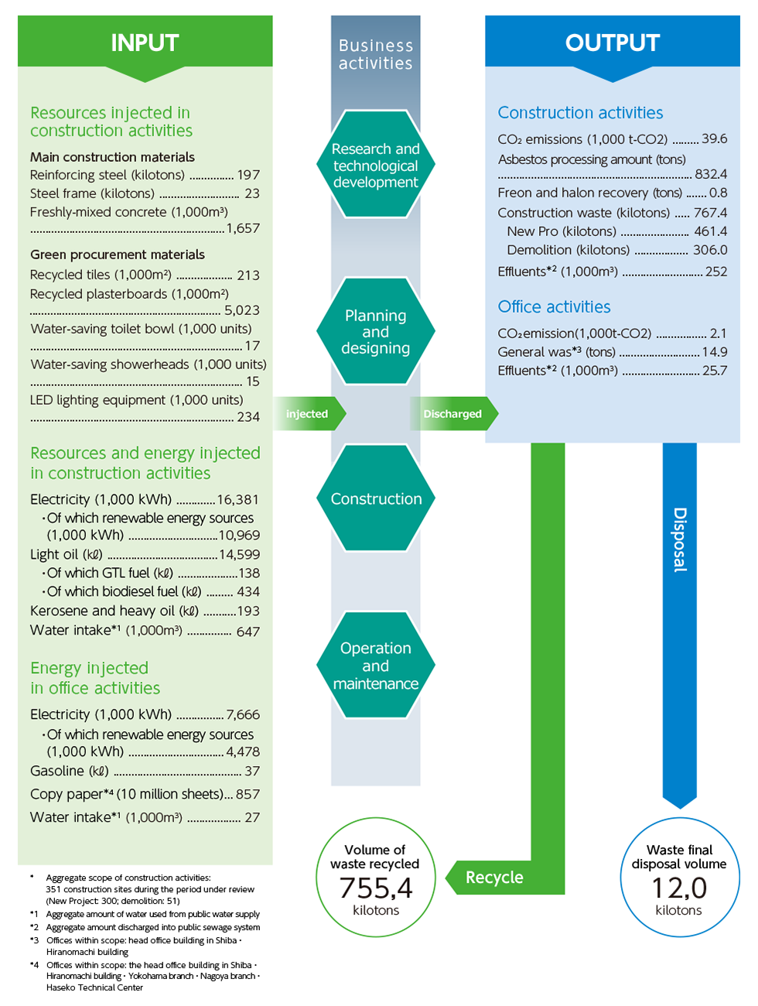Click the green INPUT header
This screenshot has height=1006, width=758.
pyautogui.click(x=145, y=43)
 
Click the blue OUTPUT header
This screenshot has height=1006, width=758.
pyautogui.click(x=612, y=43)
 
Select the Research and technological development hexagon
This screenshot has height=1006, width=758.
pyautogui.click(x=376, y=165)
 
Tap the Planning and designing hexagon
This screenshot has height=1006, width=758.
pyautogui.click(x=376, y=331)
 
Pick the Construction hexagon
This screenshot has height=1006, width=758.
pyautogui.click(x=376, y=498)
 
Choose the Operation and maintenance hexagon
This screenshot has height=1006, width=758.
pyautogui.click(x=376, y=666)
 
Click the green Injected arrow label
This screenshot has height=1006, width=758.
pyautogui.click(x=307, y=414)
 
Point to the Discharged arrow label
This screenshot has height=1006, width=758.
pyautogui.click(x=452, y=414)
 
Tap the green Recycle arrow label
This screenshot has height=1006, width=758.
pyautogui.click(x=494, y=878)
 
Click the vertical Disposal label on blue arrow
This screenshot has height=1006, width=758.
pyautogui.click(x=679, y=539)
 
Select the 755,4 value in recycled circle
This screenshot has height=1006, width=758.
pyautogui.click(x=376, y=888)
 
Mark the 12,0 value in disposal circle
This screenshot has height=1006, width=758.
pyautogui.click(x=679, y=888)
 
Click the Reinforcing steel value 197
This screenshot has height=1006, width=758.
pyautogui.click(x=248, y=175)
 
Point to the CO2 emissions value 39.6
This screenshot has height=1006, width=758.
pyautogui.click(x=714, y=139)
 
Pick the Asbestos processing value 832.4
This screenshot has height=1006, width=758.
pyautogui.click(x=710, y=174)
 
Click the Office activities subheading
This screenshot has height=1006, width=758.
pyautogui.click(x=554, y=307)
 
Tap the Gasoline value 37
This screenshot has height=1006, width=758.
pyautogui.click(x=252, y=771)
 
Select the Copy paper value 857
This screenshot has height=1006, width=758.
pyautogui.click(x=248, y=794)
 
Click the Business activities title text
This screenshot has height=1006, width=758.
pyautogui.click(x=376, y=54)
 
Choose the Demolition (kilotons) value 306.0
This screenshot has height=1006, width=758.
pyautogui.click(x=709, y=250)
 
